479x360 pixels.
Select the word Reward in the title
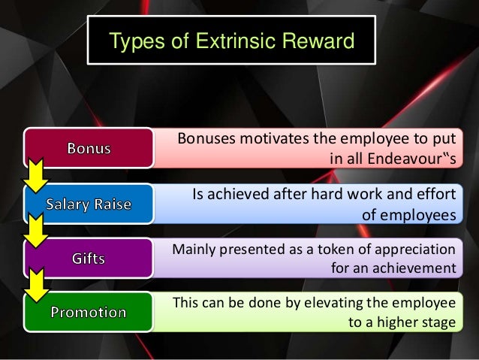(x=315, y=41)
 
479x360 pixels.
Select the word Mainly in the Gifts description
(x=197, y=249)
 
